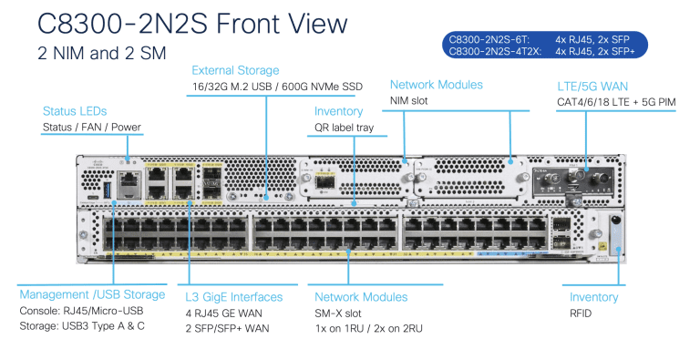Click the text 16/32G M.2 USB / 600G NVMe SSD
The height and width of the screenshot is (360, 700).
coord(277,87)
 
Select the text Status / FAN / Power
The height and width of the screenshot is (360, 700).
coord(92,127)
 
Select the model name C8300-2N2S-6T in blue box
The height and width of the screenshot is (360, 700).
coord(489,40)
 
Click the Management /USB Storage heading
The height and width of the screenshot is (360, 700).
coord(92,295)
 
